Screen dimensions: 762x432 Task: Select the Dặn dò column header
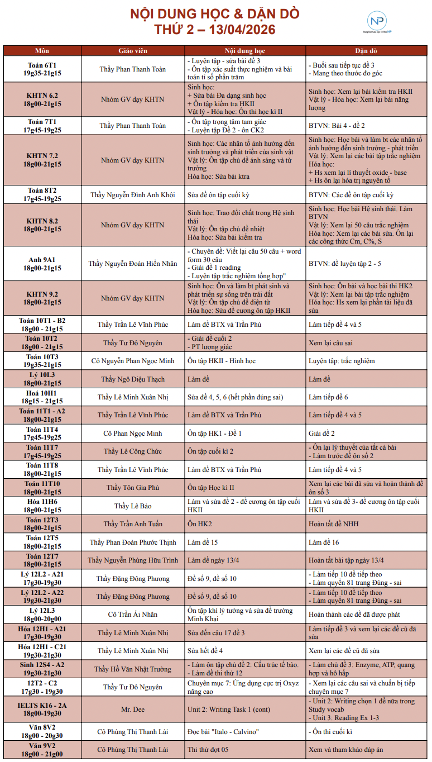(x=367, y=50)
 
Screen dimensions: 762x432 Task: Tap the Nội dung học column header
(x=245, y=50)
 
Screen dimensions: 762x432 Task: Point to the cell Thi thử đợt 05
(x=208, y=750)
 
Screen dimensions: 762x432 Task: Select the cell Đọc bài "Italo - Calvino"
(x=222, y=732)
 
